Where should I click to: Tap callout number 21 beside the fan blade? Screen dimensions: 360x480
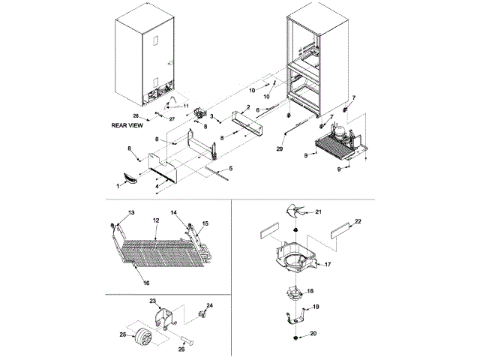pyautogui.click(x=317, y=213)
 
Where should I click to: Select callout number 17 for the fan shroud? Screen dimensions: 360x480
pyautogui.click(x=327, y=264)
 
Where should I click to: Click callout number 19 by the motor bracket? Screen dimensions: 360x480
pyautogui.click(x=316, y=307)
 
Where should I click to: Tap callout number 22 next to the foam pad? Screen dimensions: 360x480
pyautogui.click(x=358, y=221)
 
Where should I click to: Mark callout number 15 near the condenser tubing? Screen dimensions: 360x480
pyautogui.click(x=205, y=223)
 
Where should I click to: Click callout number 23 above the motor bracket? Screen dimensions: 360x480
pyautogui.click(x=152, y=301)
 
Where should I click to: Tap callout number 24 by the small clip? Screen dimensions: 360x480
pyautogui.click(x=209, y=306)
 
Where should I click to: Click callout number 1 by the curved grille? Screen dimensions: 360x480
pyautogui.click(x=118, y=184)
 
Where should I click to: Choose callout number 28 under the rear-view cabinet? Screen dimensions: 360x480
pyautogui.click(x=136, y=116)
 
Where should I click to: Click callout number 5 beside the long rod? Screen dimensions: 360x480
pyautogui.click(x=230, y=168)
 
